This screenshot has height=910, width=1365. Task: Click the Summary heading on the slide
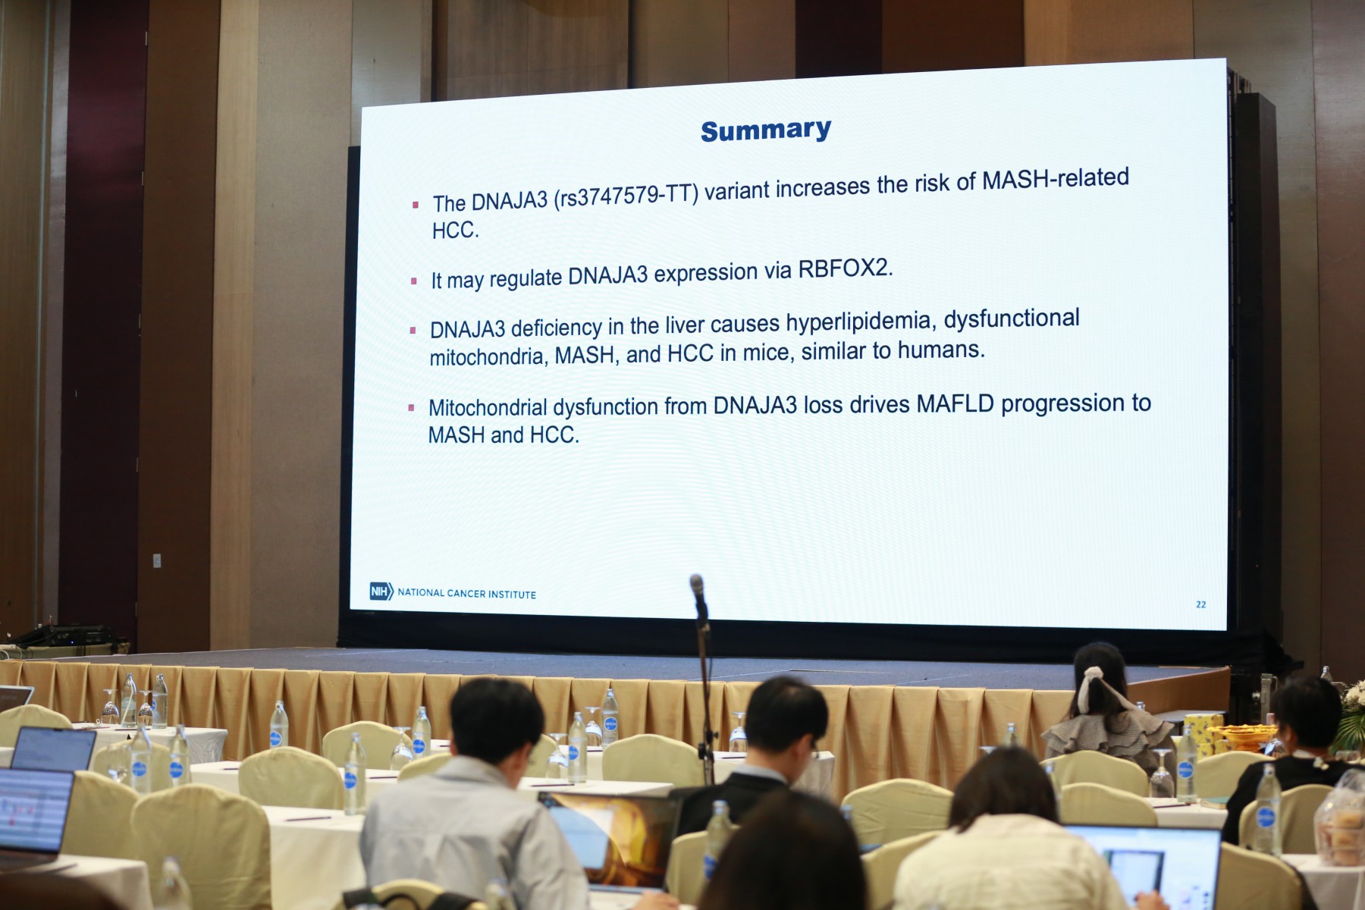tap(766, 130)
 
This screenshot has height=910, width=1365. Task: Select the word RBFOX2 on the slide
tap(845, 268)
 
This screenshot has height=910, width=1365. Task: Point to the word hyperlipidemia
tap(859, 323)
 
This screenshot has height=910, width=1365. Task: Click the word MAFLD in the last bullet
tap(955, 403)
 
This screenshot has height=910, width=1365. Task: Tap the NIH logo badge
tap(381, 591)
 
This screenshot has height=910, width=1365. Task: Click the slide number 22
tap(1200, 604)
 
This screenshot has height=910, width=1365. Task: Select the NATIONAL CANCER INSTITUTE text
tap(466, 594)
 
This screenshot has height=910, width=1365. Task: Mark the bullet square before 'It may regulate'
tap(413, 281)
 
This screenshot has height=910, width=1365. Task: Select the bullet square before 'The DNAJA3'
tap(415, 205)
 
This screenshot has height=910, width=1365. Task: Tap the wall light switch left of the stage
tap(157, 561)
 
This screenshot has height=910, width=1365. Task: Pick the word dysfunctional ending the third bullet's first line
tap(1012, 320)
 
